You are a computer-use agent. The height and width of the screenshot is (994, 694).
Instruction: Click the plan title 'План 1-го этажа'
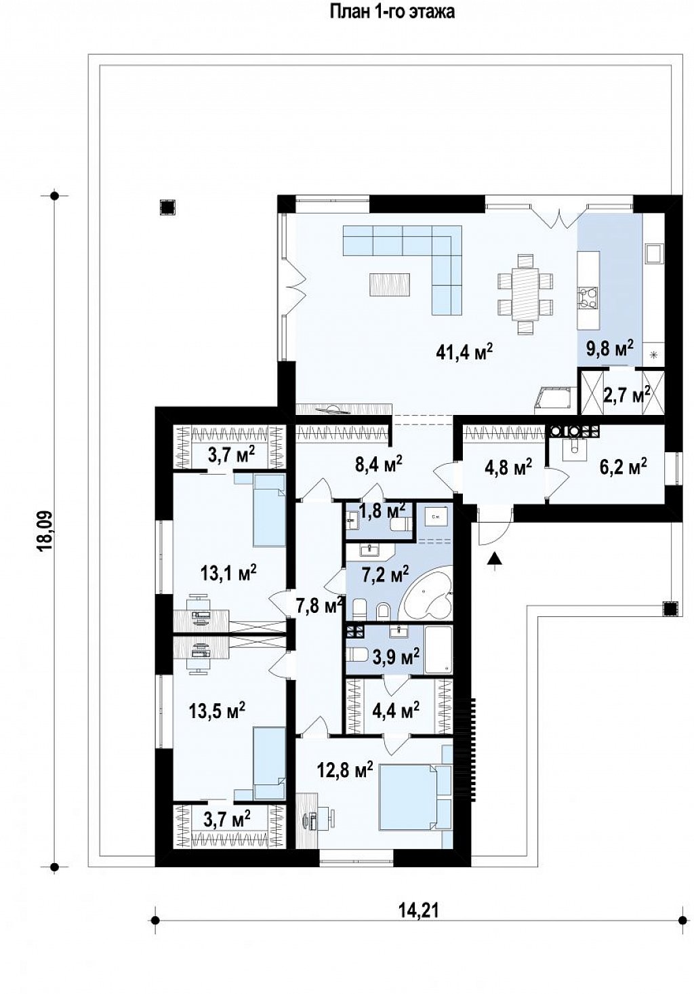392,12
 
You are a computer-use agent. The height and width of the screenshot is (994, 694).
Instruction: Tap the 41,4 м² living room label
464,352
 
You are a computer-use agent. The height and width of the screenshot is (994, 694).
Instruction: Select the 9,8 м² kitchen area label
610,349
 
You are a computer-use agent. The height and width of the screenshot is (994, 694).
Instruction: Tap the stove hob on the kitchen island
587,297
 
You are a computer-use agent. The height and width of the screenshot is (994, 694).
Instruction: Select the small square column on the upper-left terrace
167,207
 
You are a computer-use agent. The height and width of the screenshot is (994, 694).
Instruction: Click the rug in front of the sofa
389,284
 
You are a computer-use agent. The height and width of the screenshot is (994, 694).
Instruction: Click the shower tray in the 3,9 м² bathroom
438,649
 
